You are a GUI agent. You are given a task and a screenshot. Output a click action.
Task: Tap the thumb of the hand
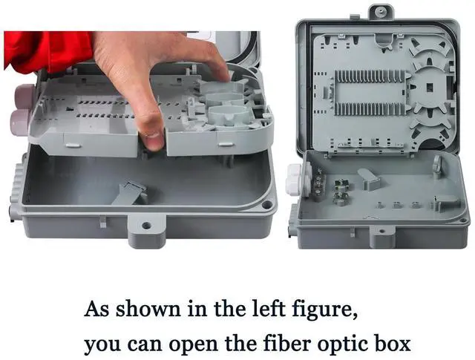click(150, 131)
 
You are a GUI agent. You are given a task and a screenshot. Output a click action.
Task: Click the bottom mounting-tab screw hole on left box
click(147, 226)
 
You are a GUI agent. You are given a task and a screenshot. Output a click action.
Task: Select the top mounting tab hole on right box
click(379, 12)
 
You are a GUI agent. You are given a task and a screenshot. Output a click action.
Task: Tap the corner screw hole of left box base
click(267, 205)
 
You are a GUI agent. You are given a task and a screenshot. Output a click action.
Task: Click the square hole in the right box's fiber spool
click(430, 88)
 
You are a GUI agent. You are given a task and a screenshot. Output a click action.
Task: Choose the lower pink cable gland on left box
click(20, 122)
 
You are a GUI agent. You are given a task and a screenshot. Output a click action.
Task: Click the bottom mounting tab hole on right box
click(382, 231)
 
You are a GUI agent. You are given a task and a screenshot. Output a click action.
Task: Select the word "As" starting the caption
click(96, 309)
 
